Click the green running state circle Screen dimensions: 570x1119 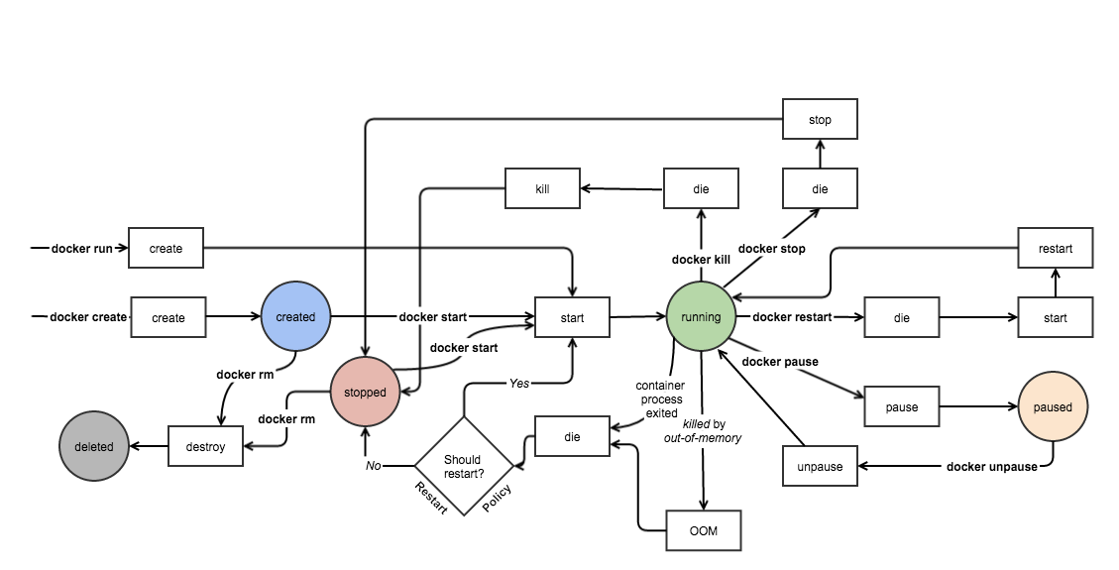pos(701,317)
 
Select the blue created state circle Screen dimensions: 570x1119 pos(295,317)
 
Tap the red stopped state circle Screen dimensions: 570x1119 pos(365,392)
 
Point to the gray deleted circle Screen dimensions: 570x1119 pos(94,446)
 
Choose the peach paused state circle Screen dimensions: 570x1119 pos(1053,406)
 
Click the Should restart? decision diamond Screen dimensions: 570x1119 pos(463,466)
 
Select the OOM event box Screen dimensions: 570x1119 pos(704,531)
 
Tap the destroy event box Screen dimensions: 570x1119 pos(205,446)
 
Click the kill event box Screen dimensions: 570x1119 pos(542,187)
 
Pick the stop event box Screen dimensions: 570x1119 pos(820,119)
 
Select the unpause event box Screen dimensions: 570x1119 pos(820,466)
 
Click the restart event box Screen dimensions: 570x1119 pos(1056,248)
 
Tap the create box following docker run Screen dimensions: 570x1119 pos(166,248)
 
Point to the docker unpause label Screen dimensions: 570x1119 pos(991,467)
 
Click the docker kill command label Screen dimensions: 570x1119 pos(701,260)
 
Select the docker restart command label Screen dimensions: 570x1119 pos(792,317)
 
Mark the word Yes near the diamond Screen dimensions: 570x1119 pos(519,383)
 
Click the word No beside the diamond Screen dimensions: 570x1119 pos(373,465)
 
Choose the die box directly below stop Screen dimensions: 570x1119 pos(820,187)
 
